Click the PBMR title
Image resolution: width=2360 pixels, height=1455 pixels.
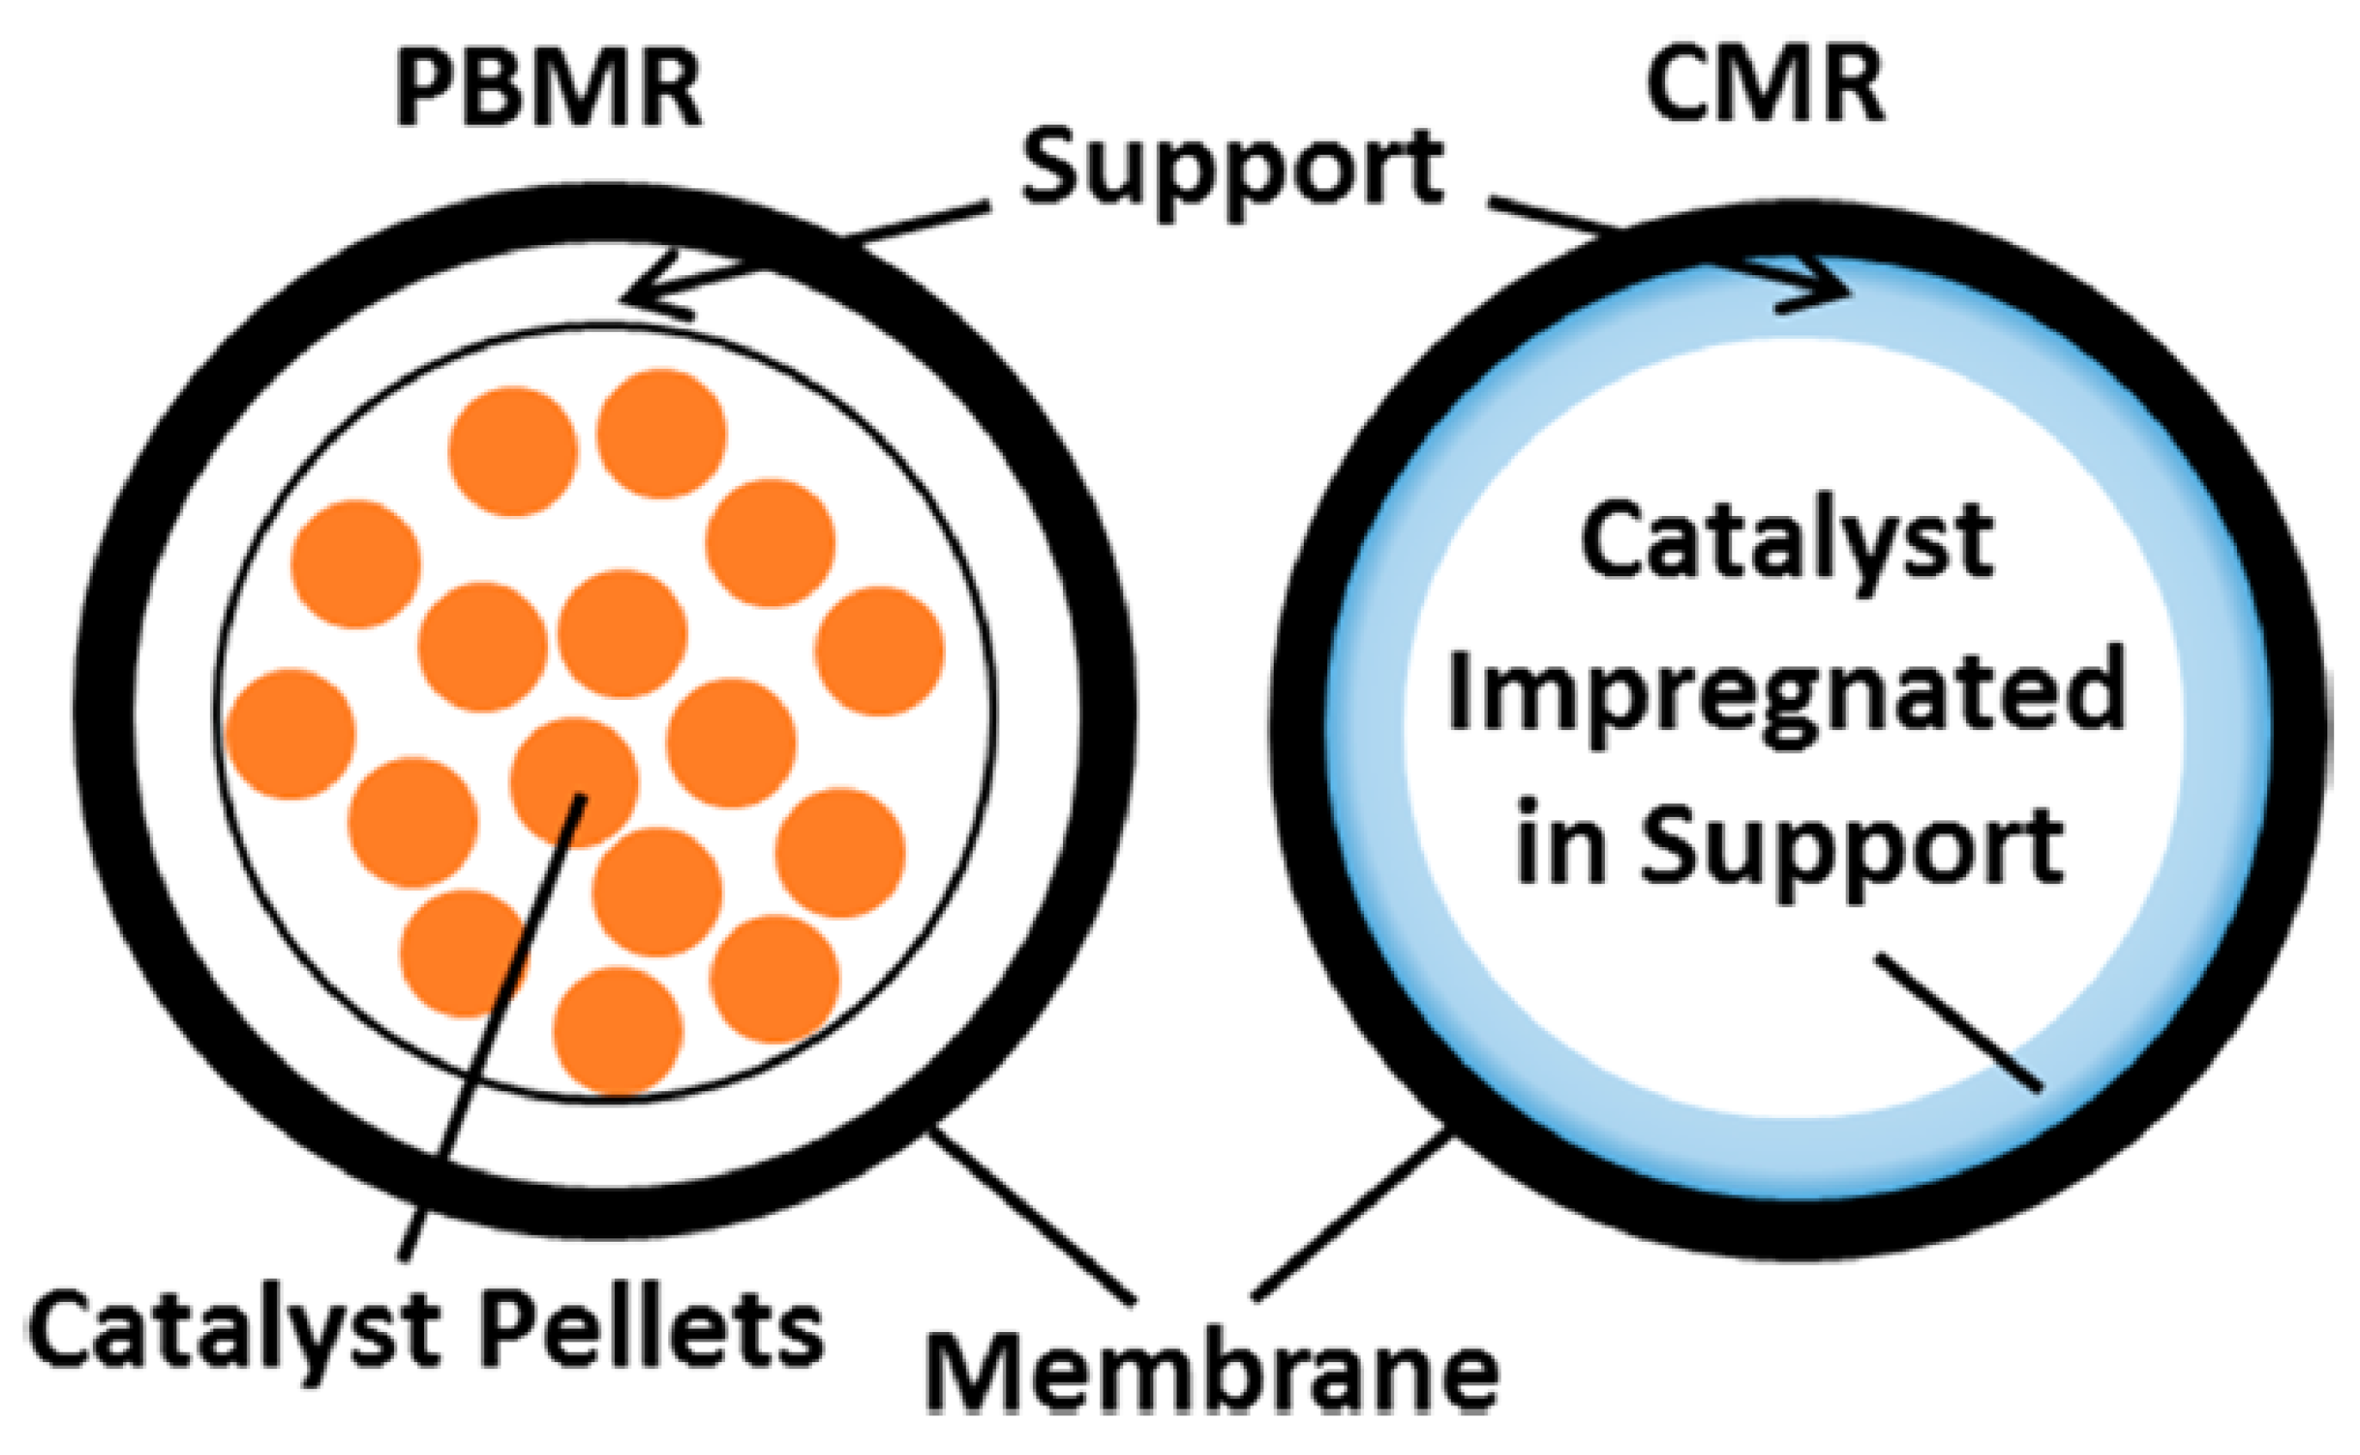[549, 92]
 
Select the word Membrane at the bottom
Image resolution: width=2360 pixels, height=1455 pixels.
[1212, 1371]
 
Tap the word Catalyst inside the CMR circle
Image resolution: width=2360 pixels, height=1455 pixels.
[1786, 544]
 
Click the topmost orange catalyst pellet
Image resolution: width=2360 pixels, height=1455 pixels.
[661, 434]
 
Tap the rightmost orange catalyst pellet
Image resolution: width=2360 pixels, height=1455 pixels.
[879, 652]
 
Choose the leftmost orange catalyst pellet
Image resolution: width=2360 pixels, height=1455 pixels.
[291, 734]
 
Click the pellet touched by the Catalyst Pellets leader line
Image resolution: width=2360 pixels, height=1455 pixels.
[575, 782]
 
